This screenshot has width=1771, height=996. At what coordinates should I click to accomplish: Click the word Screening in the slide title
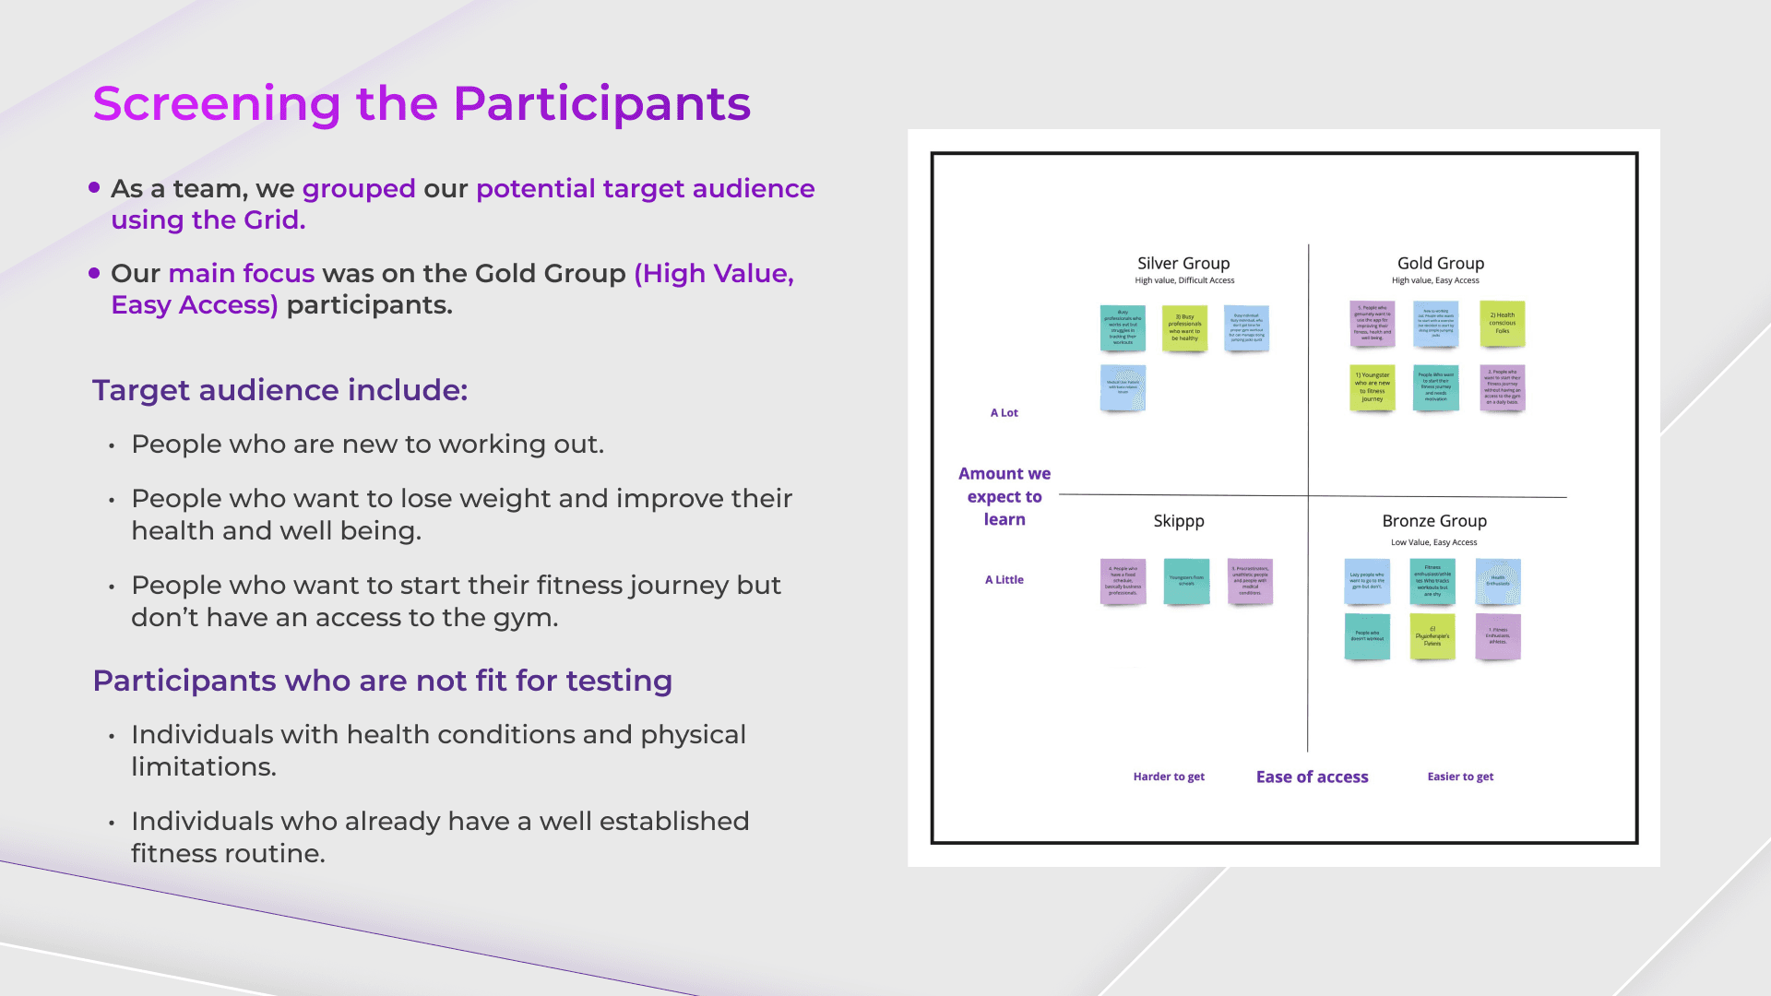pyautogui.click(x=217, y=103)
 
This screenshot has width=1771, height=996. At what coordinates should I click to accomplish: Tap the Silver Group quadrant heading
pyautogui.click(x=1183, y=264)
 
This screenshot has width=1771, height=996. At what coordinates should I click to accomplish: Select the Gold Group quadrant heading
pyautogui.click(x=1440, y=264)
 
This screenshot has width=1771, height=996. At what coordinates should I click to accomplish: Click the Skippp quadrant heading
pyautogui.click(x=1178, y=521)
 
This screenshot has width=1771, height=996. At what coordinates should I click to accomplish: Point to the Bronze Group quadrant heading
pyautogui.click(x=1433, y=521)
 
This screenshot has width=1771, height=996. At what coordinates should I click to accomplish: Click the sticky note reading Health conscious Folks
pyautogui.click(x=1502, y=324)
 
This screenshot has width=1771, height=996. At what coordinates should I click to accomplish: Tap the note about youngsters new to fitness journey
pyautogui.click(x=1372, y=387)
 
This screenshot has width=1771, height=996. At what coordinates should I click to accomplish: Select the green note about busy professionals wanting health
pyautogui.click(x=1184, y=328)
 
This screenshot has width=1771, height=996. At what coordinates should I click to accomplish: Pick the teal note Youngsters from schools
pyautogui.click(x=1186, y=581)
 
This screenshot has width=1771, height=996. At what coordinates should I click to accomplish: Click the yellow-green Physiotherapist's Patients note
pyautogui.click(x=1432, y=636)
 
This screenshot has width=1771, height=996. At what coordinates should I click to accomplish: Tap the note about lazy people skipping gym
pyautogui.click(x=1367, y=581)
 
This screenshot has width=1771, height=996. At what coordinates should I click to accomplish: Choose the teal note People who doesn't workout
pyautogui.click(x=1367, y=636)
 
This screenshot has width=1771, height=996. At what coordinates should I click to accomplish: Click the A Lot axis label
pyautogui.click(x=1004, y=413)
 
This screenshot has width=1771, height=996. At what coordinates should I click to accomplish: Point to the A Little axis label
pyautogui.click(x=1004, y=580)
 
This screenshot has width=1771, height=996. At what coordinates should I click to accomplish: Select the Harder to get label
pyautogui.click(x=1169, y=777)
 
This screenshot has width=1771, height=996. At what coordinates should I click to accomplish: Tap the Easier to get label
pyautogui.click(x=1460, y=777)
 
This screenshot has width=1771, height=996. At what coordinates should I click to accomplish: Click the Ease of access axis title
pyautogui.click(x=1312, y=777)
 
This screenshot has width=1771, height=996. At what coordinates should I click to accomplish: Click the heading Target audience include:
pyautogui.click(x=279, y=390)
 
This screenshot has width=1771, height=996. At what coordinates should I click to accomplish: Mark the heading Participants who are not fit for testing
pyautogui.click(x=382, y=681)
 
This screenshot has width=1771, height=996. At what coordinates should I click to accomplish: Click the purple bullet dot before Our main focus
pyautogui.click(x=94, y=273)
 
